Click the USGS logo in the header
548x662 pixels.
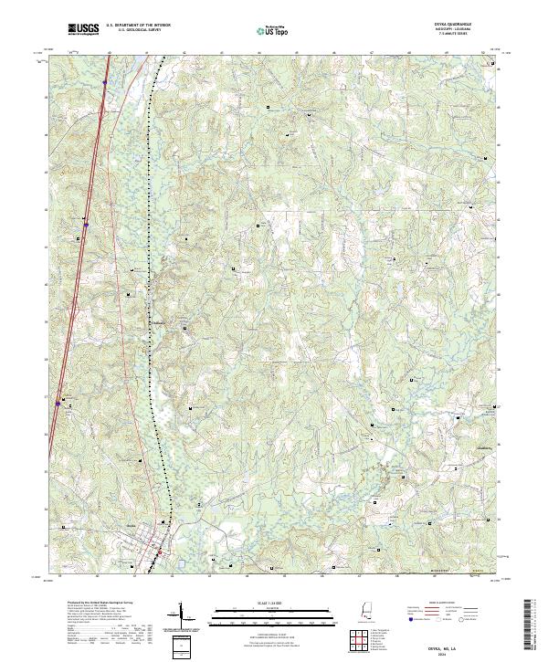click(82, 29)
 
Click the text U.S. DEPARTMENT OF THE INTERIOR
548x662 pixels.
click(138, 26)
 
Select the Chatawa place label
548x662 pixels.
click(159, 321)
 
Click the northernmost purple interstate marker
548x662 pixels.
click(105, 81)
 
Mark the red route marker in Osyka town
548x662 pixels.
click(158, 552)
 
